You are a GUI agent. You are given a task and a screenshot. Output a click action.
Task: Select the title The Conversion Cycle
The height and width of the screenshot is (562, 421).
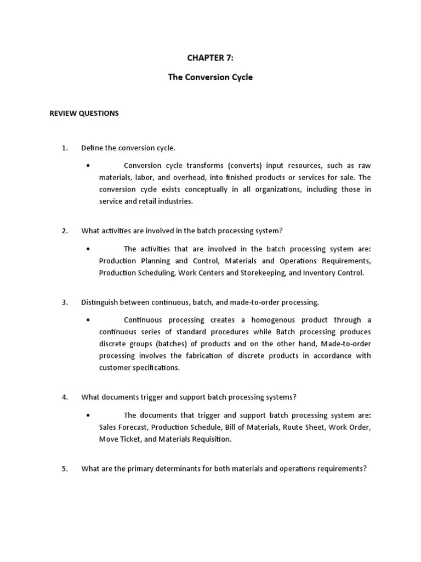coord(210,77)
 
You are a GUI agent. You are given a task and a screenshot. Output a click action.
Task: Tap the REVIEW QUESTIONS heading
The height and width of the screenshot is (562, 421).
coord(84,114)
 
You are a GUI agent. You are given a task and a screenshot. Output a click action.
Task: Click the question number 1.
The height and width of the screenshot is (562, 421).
coord(64,148)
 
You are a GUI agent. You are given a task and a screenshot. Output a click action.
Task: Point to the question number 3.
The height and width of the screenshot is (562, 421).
coord(64,302)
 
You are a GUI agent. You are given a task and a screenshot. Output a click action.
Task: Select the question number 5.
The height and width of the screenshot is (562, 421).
coord(64,469)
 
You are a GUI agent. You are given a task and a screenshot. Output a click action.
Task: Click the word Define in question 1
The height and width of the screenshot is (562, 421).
coord(92,148)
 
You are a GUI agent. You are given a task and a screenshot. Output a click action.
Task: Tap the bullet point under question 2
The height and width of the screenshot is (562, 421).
coord(88,249)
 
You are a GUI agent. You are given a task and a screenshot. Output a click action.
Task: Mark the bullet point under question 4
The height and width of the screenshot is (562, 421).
coord(88,415)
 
